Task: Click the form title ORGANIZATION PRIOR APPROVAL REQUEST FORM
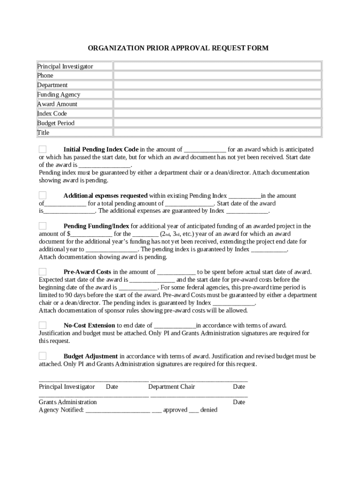pyautogui.click(x=178, y=48)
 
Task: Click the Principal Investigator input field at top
pyautogui.click(x=217, y=66)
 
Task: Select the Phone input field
pyautogui.click(x=217, y=75)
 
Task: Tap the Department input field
pyautogui.click(x=217, y=85)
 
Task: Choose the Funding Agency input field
pyautogui.click(x=217, y=94)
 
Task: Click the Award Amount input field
pyautogui.click(x=217, y=104)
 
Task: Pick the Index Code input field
pyautogui.click(x=217, y=114)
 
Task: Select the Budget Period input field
pyautogui.click(x=217, y=123)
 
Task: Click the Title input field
pyautogui.click(x=217, y=132)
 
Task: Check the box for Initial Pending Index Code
pyautogui.click(x=43, y=149)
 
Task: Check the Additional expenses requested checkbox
pyautogui.click(x=43, y=195)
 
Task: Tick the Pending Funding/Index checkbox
pyautogui.click(x=43, y=226)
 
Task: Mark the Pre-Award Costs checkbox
pyautogui.click(x=43, y=271)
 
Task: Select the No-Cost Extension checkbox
pyautogui.click(x=43, y=325)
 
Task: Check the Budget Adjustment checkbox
pyautogui.click(x=43, y=356)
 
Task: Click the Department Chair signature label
pyautogui.click(x=172, y=387)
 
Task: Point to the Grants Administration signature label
pyautogui.click(x=68, y=402)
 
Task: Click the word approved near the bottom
pyautogui.click(x=175, y=410)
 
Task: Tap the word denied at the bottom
pyautogui.click(x=209, y=410)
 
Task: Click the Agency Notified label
pyautogui.click(x=61, y=410)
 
